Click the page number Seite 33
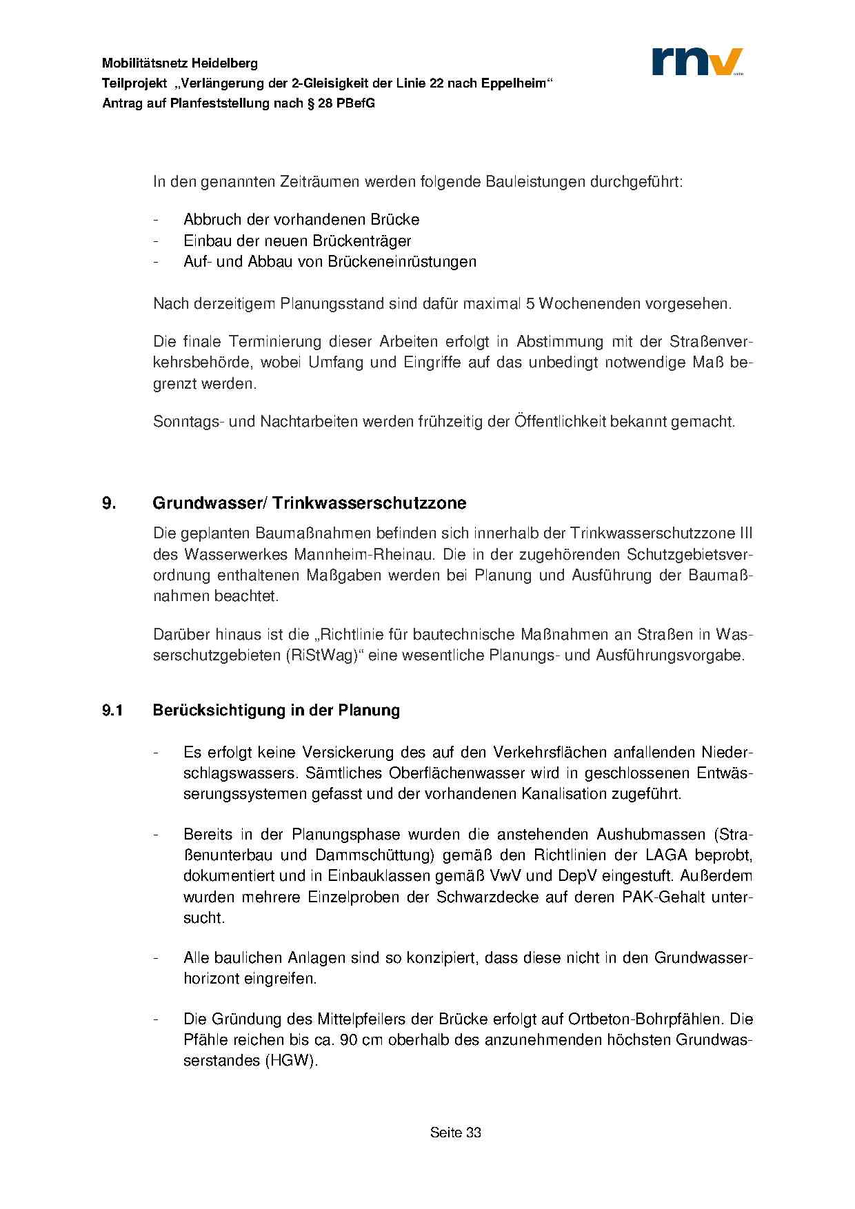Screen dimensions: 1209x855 pos(455,1132)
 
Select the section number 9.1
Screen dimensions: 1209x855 pos(112,710)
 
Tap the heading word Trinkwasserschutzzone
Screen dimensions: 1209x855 pos(369,503)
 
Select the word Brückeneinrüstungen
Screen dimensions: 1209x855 pos(402,261)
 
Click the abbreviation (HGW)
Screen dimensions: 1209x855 pos(290,1060)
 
